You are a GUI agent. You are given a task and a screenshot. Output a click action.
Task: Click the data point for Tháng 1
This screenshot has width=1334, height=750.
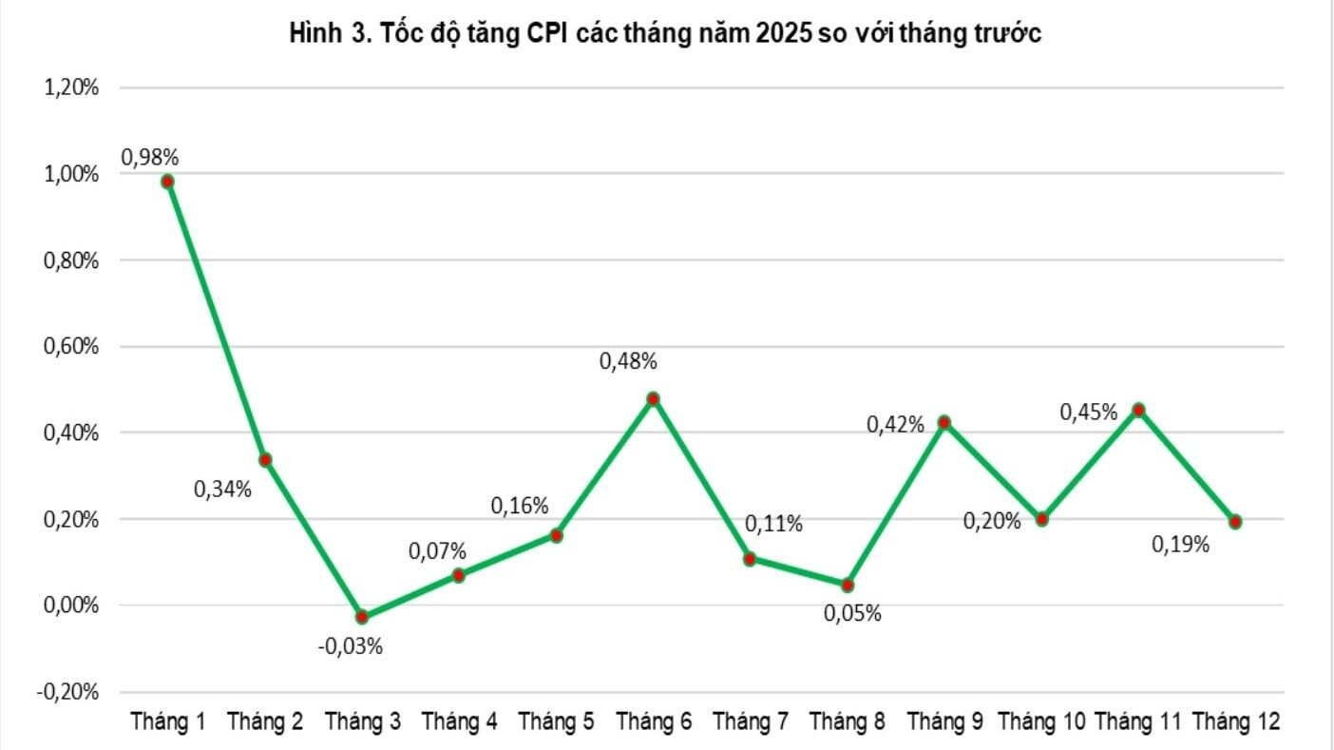[168, 182]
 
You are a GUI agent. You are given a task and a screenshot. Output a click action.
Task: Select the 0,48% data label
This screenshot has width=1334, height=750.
[628, 361]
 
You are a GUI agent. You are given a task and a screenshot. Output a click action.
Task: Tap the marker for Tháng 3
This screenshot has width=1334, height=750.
[362, 617]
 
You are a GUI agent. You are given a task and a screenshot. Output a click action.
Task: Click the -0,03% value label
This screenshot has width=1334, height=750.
[351, 647]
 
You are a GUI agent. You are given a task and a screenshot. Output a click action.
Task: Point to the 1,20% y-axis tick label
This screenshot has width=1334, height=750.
[70, 87]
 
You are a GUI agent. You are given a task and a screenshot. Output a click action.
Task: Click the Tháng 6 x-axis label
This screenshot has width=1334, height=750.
[653, 722]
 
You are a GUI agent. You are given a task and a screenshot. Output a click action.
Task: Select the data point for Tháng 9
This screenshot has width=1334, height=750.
[944, 422]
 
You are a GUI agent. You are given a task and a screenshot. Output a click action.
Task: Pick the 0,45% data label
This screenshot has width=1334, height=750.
[1089, 413]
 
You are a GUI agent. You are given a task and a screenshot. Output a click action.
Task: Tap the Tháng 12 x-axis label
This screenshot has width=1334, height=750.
[1236, 722]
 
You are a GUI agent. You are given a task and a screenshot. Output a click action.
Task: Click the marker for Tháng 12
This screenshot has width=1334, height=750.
[1235, 522]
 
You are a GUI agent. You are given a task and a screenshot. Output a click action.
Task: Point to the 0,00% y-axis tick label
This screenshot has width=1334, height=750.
[70, 606]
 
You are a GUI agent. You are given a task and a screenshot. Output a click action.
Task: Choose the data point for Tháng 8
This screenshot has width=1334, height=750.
[848, 585]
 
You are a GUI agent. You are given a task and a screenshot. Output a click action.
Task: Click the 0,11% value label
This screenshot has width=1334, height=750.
[773, 524]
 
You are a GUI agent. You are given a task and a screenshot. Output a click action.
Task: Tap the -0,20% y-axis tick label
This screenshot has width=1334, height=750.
[67, 692]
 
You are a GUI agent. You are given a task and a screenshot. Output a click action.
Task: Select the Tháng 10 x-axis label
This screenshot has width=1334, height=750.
[1041, 722]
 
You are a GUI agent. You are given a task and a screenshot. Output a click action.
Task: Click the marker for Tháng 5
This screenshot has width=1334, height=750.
[556, 535]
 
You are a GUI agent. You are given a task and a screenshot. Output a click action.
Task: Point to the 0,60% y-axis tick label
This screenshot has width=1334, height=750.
[70, 347]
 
